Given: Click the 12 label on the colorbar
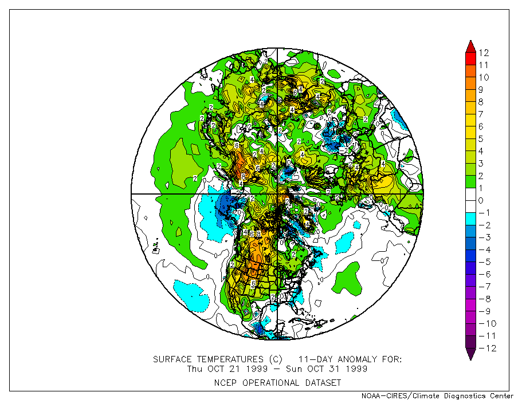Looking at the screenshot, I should [484, 53].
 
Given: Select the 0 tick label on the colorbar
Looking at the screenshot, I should [481, 200].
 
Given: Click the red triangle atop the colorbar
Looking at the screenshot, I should [470, 46].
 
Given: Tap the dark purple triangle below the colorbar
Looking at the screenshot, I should [470, 354].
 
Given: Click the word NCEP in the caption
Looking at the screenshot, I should [225, 382].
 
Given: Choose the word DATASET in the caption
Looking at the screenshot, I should [321, 382].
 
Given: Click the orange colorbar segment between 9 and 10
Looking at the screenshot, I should [470, 84].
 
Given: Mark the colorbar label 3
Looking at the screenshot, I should [481, 164].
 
